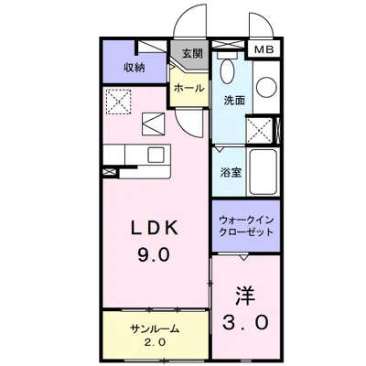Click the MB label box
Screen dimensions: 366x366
point(263,50)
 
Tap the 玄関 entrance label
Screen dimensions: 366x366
point(191,53)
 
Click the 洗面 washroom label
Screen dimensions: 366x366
point(233,101)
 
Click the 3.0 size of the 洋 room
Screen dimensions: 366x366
point(245,323)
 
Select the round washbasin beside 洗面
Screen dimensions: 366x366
point(265,88)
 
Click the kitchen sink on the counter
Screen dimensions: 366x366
point(156,153)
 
